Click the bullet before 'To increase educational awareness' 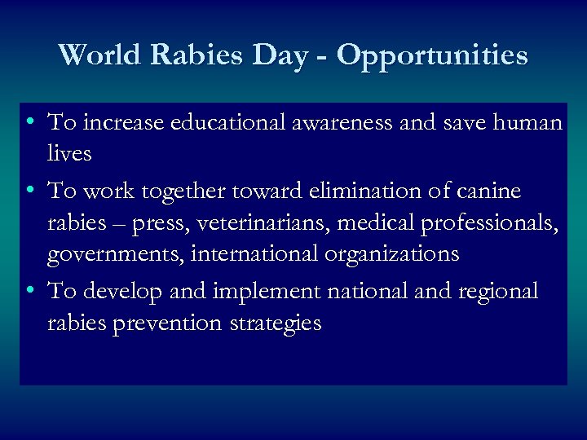29,123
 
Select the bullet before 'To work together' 29,191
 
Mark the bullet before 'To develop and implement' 29,291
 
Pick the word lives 69,153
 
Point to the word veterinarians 249,222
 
